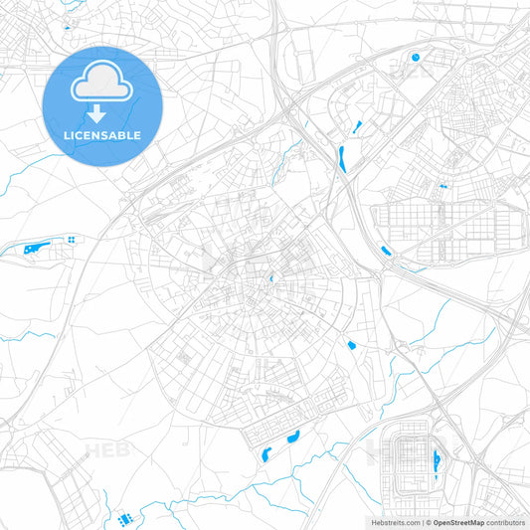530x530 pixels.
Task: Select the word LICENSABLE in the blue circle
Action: [103, 134]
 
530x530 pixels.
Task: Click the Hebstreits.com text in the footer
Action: [391, 521]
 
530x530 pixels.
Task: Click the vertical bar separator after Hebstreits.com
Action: [421, 521]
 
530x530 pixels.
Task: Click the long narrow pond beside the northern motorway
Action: [342, 157]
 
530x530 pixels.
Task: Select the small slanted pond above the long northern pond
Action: [352, 127]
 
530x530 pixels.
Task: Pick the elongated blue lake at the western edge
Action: [37, 247]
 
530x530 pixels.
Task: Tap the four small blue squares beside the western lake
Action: [73, 240]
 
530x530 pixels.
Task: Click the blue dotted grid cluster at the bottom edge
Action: [124, 519]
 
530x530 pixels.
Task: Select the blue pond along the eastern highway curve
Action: [386, 252]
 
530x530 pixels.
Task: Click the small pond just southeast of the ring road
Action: [352, 345]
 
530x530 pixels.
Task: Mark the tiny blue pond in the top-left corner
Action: [67, 27]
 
